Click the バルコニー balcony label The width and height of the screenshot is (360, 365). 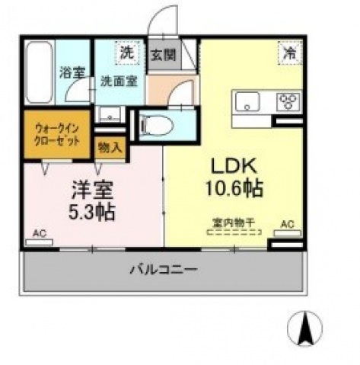163,270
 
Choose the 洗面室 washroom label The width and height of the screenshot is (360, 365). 120,80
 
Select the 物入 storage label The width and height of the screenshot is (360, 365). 111,146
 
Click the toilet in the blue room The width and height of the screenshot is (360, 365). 159,125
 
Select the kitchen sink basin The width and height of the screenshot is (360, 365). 250,101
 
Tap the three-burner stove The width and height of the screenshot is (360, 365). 288,101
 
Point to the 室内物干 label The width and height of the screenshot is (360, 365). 234,223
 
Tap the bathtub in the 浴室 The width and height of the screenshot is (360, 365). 39,75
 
